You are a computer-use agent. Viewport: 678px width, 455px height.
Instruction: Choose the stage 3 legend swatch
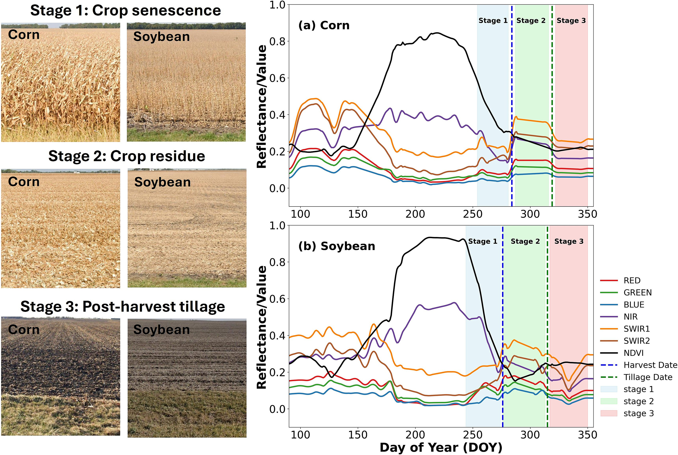coord(609,413)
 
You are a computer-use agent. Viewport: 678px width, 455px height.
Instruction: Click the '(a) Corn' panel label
coord(324,25)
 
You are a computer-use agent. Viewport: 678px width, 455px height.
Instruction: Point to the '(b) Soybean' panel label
coord(337,246)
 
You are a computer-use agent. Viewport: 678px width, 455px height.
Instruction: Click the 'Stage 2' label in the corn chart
coord(531,21)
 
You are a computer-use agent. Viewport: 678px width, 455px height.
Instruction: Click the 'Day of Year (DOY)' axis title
coord(441,448)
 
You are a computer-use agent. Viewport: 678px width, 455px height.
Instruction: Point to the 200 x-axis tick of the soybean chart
coord(415,435)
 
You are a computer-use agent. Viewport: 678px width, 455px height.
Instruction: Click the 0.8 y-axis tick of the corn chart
coord(277,41)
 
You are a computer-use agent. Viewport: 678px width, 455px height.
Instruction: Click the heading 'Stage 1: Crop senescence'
coord(126,11)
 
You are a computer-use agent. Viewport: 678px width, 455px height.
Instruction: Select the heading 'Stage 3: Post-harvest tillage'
coord(123,307)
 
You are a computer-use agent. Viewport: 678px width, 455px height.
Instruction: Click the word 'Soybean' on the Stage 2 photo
coord(163,182)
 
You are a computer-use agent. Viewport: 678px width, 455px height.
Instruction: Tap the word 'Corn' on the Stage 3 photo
coord(24,330)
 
